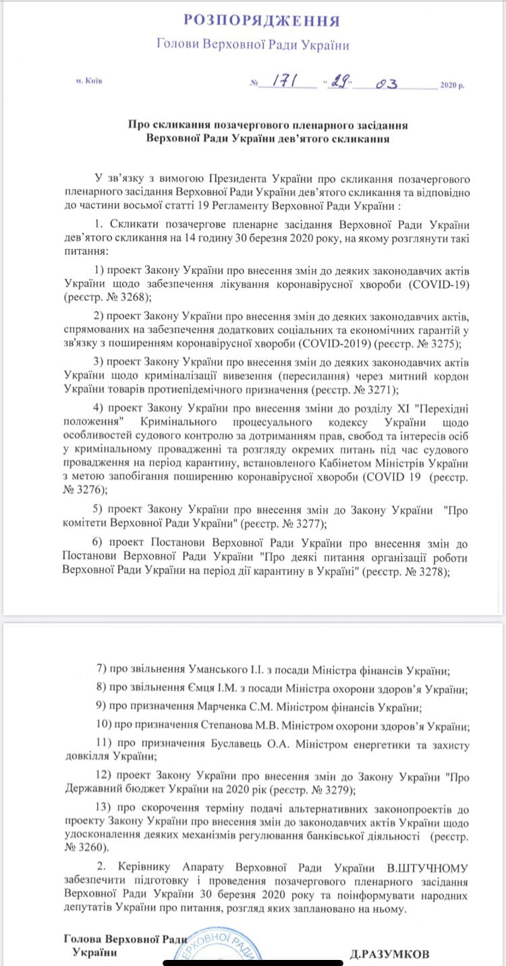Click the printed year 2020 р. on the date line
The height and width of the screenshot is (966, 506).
coord(452,86)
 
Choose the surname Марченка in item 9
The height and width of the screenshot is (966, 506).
coord(191,708)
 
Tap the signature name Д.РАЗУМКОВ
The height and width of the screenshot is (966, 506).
coord(390,954)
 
